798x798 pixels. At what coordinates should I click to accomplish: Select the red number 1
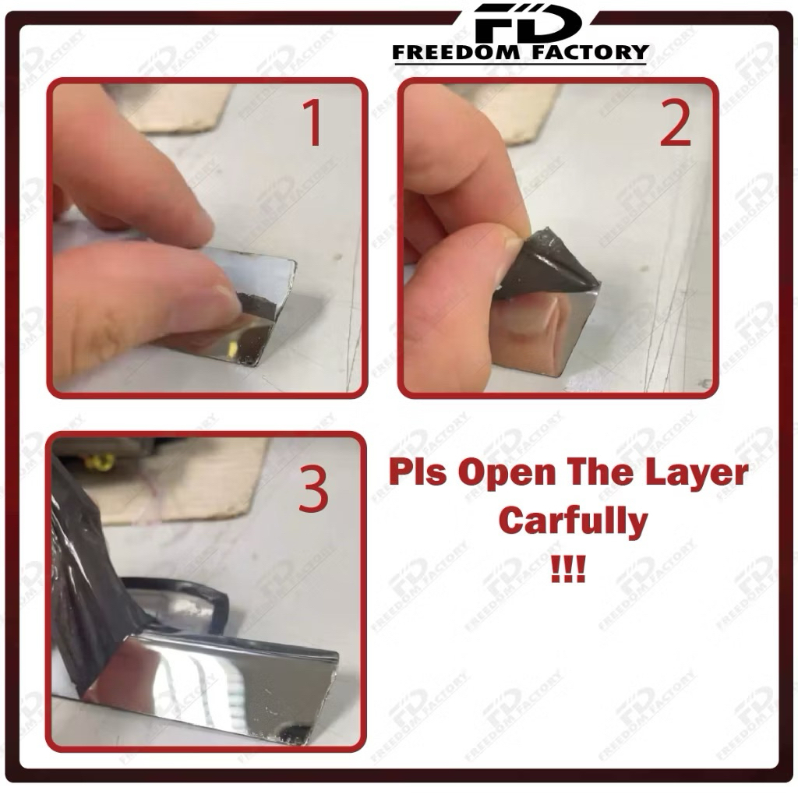pos(312,122)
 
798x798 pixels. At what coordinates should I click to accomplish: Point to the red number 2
pos(676,122)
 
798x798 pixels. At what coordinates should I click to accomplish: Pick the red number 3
pos(312,489)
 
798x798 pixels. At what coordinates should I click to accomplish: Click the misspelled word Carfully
pos(573,522)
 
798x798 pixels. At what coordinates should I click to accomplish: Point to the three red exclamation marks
pos(568,568)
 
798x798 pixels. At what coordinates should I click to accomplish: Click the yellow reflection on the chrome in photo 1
pos(232,350)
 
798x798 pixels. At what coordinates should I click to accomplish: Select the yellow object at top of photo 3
pos(101,461)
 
